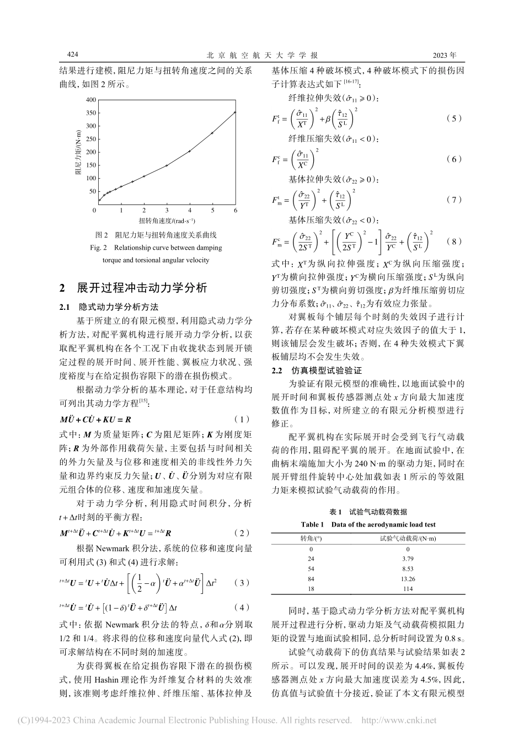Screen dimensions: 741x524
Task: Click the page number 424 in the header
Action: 73,55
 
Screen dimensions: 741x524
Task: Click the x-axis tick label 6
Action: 236,211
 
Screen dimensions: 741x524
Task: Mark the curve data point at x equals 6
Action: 235,112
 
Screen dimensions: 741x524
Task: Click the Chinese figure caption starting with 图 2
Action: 156,234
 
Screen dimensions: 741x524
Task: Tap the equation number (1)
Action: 242,419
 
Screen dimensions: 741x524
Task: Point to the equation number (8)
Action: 453,241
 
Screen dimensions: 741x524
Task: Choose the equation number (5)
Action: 453,119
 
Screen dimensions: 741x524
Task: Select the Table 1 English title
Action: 368,524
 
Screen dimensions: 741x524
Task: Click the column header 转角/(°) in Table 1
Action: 311,538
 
